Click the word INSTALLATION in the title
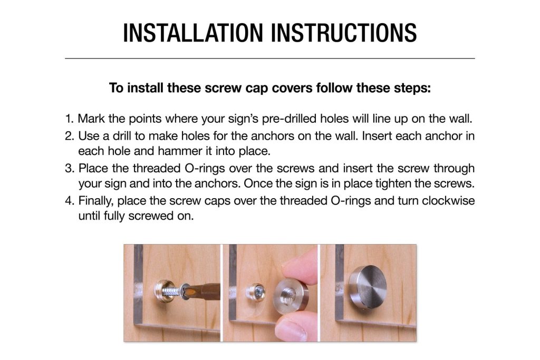click(193, 33)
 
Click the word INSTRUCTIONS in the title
click(344, 33)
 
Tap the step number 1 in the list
click(69, 119)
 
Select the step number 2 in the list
click(69, 136)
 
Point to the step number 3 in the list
click(69, 168)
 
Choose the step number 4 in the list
click(69, 201)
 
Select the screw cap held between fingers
click(291, 296)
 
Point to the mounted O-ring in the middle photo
click(256, 293)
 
